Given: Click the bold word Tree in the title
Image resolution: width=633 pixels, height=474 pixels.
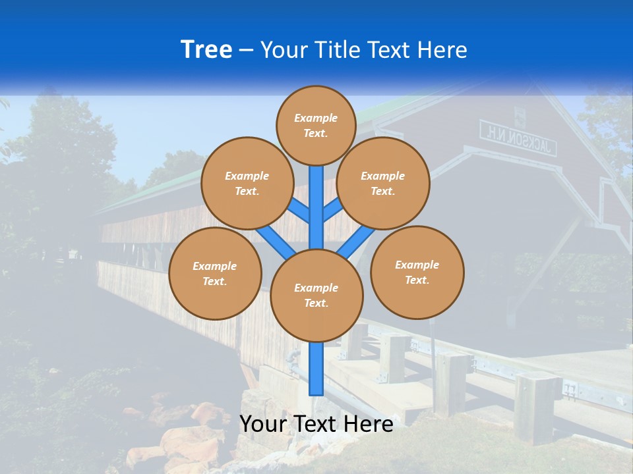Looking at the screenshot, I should pyautogui.click(x=206, y=49).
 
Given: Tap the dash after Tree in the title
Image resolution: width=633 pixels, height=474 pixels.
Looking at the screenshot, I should pyautogui.click(x=246, y=50).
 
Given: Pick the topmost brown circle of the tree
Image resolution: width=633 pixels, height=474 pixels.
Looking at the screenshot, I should pyautogui.click(x=316, y=125).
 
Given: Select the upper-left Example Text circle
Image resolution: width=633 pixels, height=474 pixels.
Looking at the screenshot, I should pyautogui.click(x=247, y=183).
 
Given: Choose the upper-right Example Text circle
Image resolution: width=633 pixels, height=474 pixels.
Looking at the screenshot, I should pyautogui.click(x=383, y=183).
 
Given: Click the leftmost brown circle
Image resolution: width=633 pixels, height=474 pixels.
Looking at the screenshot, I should pyautogui.click(x=215, y=273).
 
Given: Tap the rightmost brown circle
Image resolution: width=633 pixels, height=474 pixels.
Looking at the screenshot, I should pyautogui.click(x=417, y=272).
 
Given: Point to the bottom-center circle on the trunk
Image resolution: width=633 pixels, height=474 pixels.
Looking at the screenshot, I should pyautogui.click(x=316, y=296).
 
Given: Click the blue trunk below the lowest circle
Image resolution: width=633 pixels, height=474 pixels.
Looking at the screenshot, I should pyautogui.click(x=316, y=369).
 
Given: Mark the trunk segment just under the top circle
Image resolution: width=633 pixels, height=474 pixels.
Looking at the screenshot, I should pyautogui.click(x=316, y=197).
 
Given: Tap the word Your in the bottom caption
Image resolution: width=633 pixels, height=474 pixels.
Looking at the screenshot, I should pyautogui.click(x=263, y=424).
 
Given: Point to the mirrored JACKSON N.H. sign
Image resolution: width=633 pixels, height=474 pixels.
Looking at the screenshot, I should pyautogui.click(x=518, y=137).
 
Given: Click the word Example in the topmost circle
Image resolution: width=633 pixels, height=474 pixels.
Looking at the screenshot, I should pyautogui.click(x=316, y=118).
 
